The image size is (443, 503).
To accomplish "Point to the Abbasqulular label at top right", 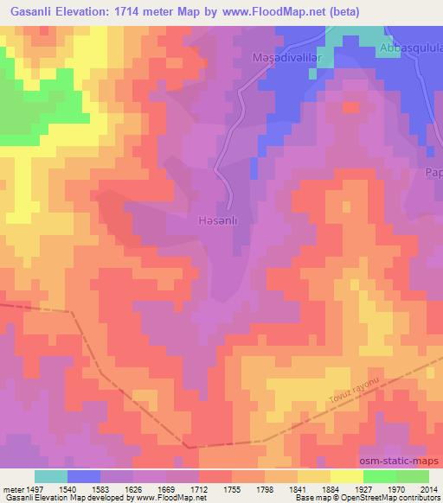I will (411, 49).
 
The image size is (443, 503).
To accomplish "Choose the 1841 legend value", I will (299, 488).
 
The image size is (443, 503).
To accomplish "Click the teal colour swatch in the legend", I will (51, 476).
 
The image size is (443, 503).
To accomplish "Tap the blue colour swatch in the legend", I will (84, 476).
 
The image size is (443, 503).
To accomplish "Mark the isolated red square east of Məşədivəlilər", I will (350, 107).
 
